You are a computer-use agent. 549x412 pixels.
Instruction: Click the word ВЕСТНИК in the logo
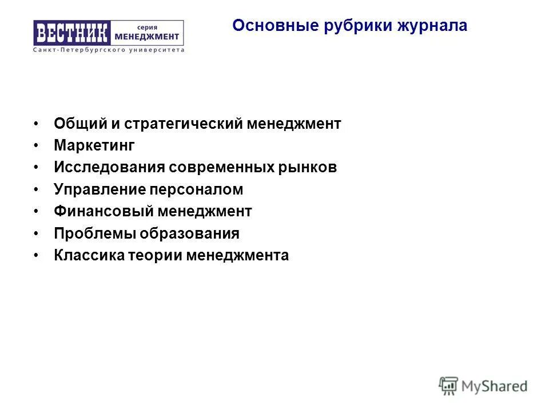click(x=71, y=33)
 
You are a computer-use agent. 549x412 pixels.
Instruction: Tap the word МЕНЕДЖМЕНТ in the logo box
click(x=147, y=37)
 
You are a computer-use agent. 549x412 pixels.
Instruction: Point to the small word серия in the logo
click(x=148, y=26)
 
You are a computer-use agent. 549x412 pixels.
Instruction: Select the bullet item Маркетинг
click(x=94, y=146)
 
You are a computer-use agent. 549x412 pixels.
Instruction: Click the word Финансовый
click(x=104, y=211)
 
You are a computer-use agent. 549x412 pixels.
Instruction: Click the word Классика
click(x=89, y=255)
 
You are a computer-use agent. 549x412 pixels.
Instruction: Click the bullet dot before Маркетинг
click(x=36, y=146)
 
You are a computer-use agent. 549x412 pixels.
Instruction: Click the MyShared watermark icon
click(x=449, y=385)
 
